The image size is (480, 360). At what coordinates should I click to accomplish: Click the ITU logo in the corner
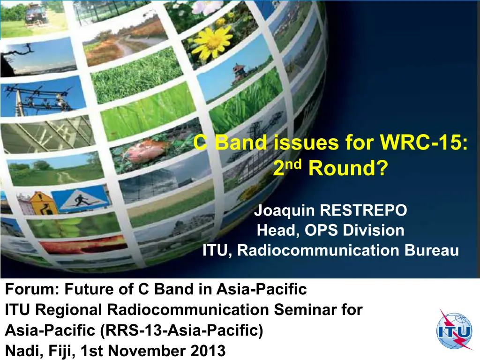(x=454, y=330)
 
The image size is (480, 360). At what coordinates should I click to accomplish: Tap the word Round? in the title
(x=348, y=168)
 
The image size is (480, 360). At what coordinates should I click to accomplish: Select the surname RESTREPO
(x=363, y=210)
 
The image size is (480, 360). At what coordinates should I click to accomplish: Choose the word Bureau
(x=432, y=250)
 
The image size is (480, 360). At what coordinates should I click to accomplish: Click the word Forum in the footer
(x=32, y=289)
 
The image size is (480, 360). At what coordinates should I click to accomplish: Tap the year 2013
(x=208, y=351)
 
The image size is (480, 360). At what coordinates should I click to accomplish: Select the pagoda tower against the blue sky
(x=238, y=74)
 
